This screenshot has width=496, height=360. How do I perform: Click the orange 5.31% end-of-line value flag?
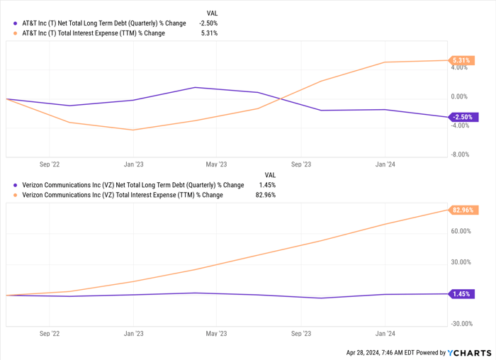[461, 60]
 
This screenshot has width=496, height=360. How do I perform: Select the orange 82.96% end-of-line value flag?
[462, 210]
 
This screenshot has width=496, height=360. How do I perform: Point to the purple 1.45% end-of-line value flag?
[461, 293]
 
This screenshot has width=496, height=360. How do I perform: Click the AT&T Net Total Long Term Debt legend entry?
[103, 23]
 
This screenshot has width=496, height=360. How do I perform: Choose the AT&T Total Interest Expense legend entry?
[94, 33]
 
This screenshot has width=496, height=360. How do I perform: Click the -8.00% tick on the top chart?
[458, 154]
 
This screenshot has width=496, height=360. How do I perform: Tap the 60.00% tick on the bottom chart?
[460, 231]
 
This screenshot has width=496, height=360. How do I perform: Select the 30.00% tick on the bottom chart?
[460, 262]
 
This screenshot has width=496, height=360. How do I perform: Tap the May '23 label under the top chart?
[216, 164]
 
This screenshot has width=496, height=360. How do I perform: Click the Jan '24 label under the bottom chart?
[385, 332]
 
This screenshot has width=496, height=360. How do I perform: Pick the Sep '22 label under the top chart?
[50, 164]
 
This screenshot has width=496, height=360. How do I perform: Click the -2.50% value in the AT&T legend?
[208, 23]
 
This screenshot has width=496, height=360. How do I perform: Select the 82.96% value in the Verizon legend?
[265, 195]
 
